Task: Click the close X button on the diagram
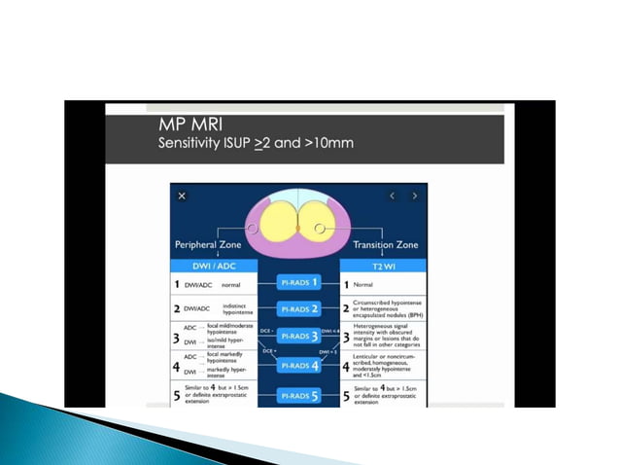point(182,196)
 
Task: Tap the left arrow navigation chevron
point(393,196)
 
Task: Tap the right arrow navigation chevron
point(414,196)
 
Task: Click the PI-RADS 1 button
point(300,284)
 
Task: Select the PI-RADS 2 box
point(300,309)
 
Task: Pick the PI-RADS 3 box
point(300,337)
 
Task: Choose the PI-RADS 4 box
point(300,365)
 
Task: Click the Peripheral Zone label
point(207,245)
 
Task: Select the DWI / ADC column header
point(213,265)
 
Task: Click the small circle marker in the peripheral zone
point(251,229)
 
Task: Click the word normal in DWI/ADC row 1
point(231,285)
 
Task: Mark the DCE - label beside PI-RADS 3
point(264,332)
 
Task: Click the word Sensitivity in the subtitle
point(189,144)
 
